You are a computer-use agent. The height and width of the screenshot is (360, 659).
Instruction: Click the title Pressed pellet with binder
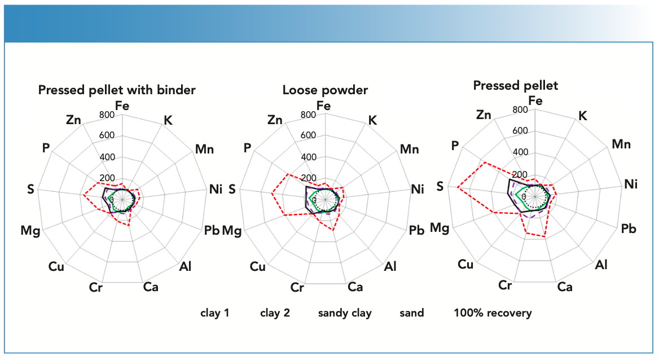[117, 90]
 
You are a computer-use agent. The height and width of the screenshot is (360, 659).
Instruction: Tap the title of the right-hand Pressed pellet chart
[516, 86]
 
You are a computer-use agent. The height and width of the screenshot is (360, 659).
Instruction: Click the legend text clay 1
[214, 313]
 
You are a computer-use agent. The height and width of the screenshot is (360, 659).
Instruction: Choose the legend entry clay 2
[275, 313]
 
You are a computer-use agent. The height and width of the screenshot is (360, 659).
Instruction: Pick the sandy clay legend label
[345, 313]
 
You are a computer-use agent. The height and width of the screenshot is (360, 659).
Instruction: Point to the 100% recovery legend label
[493, 313]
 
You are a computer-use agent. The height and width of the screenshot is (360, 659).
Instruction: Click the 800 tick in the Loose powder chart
[308, 115]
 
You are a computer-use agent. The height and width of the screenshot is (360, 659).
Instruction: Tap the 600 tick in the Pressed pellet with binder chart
[107, 136]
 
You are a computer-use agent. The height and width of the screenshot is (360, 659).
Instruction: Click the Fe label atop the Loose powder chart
[324, 106]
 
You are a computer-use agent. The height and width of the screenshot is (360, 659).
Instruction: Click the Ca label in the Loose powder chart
[355, 287]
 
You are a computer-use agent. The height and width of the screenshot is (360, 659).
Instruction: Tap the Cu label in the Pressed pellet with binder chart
[56, 266]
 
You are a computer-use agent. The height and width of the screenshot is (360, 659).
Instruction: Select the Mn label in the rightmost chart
[621, 144]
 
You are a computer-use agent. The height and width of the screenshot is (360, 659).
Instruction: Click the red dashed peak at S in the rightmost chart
[458, 187]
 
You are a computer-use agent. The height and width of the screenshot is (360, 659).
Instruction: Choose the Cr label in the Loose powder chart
[297, 287]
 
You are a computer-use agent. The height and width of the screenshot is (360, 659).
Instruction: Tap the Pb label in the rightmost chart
[628, 229]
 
